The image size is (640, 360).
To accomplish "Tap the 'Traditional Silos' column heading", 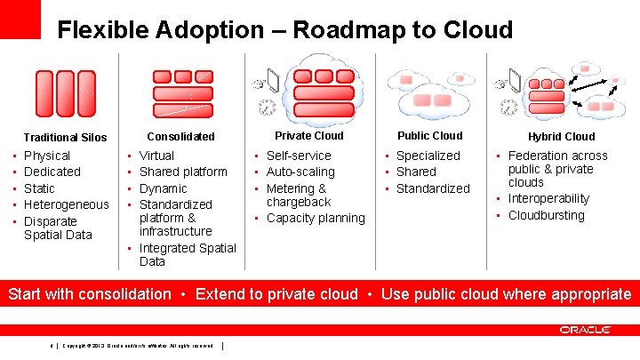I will pyautogui.click(x=65, y=138).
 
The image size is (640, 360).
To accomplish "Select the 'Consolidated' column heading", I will pyautogui.click(x=180, y=137).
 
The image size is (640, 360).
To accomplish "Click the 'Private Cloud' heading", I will pyautogui.click(x=308, y=136).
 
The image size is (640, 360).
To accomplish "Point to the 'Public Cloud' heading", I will pyautogui.click(x=430, y=136).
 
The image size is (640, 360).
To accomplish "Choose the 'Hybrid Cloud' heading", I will pyautogui.click(x=561, y=137).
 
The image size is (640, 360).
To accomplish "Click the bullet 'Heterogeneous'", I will pyautogui.click(x=67, y=204).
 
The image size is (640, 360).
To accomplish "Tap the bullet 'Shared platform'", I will pyautogui.click(x=183, y=172).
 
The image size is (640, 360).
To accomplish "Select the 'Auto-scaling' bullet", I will pyautogui.click(x=300, y=172).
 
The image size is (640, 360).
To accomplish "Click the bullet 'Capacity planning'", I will pyautogui.click(x=316, y=218).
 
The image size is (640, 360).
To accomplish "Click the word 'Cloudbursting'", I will pyautogui.click(x=547, y=215).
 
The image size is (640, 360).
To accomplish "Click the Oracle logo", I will pyautogui.click(x=585, y=330).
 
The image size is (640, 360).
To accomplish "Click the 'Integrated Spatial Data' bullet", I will pyautogui.click(x=188, y=254).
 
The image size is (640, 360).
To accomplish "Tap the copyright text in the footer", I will pyautogui.click(x=138, y=346).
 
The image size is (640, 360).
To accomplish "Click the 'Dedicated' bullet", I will pyautogui.click(x=52, y=172).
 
